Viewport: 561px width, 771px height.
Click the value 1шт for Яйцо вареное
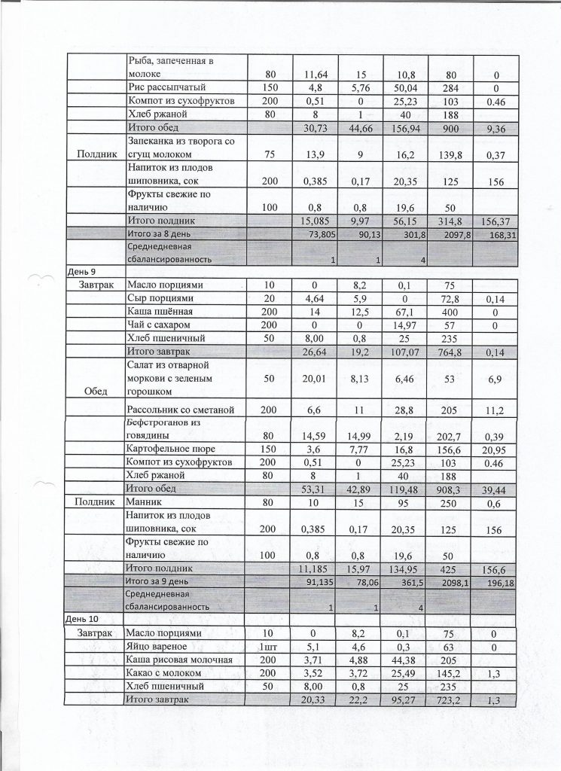[x=270, y=646]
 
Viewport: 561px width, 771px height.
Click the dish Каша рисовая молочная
[x=181, y=660]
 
